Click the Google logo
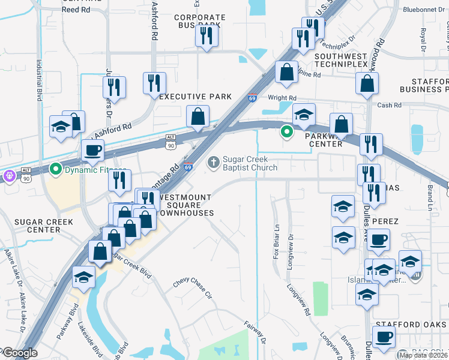pyautogui.click(x=19, y=353)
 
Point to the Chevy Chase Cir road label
pyautogui.click(x=193, y=287)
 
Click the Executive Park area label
pyautogui.click(x=196, y=97)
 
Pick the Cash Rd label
pyautogui.click(x=389, y=106)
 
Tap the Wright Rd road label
pyautogui.click(x=282, y=98)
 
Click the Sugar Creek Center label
pyautogui.click(x=37, y=226)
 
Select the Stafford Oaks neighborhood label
pyautogui.click(x=412, y=325)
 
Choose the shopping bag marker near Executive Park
pyautogui.click(x=197, y=116)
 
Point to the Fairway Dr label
pyautogui.click(x=256, y=332)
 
